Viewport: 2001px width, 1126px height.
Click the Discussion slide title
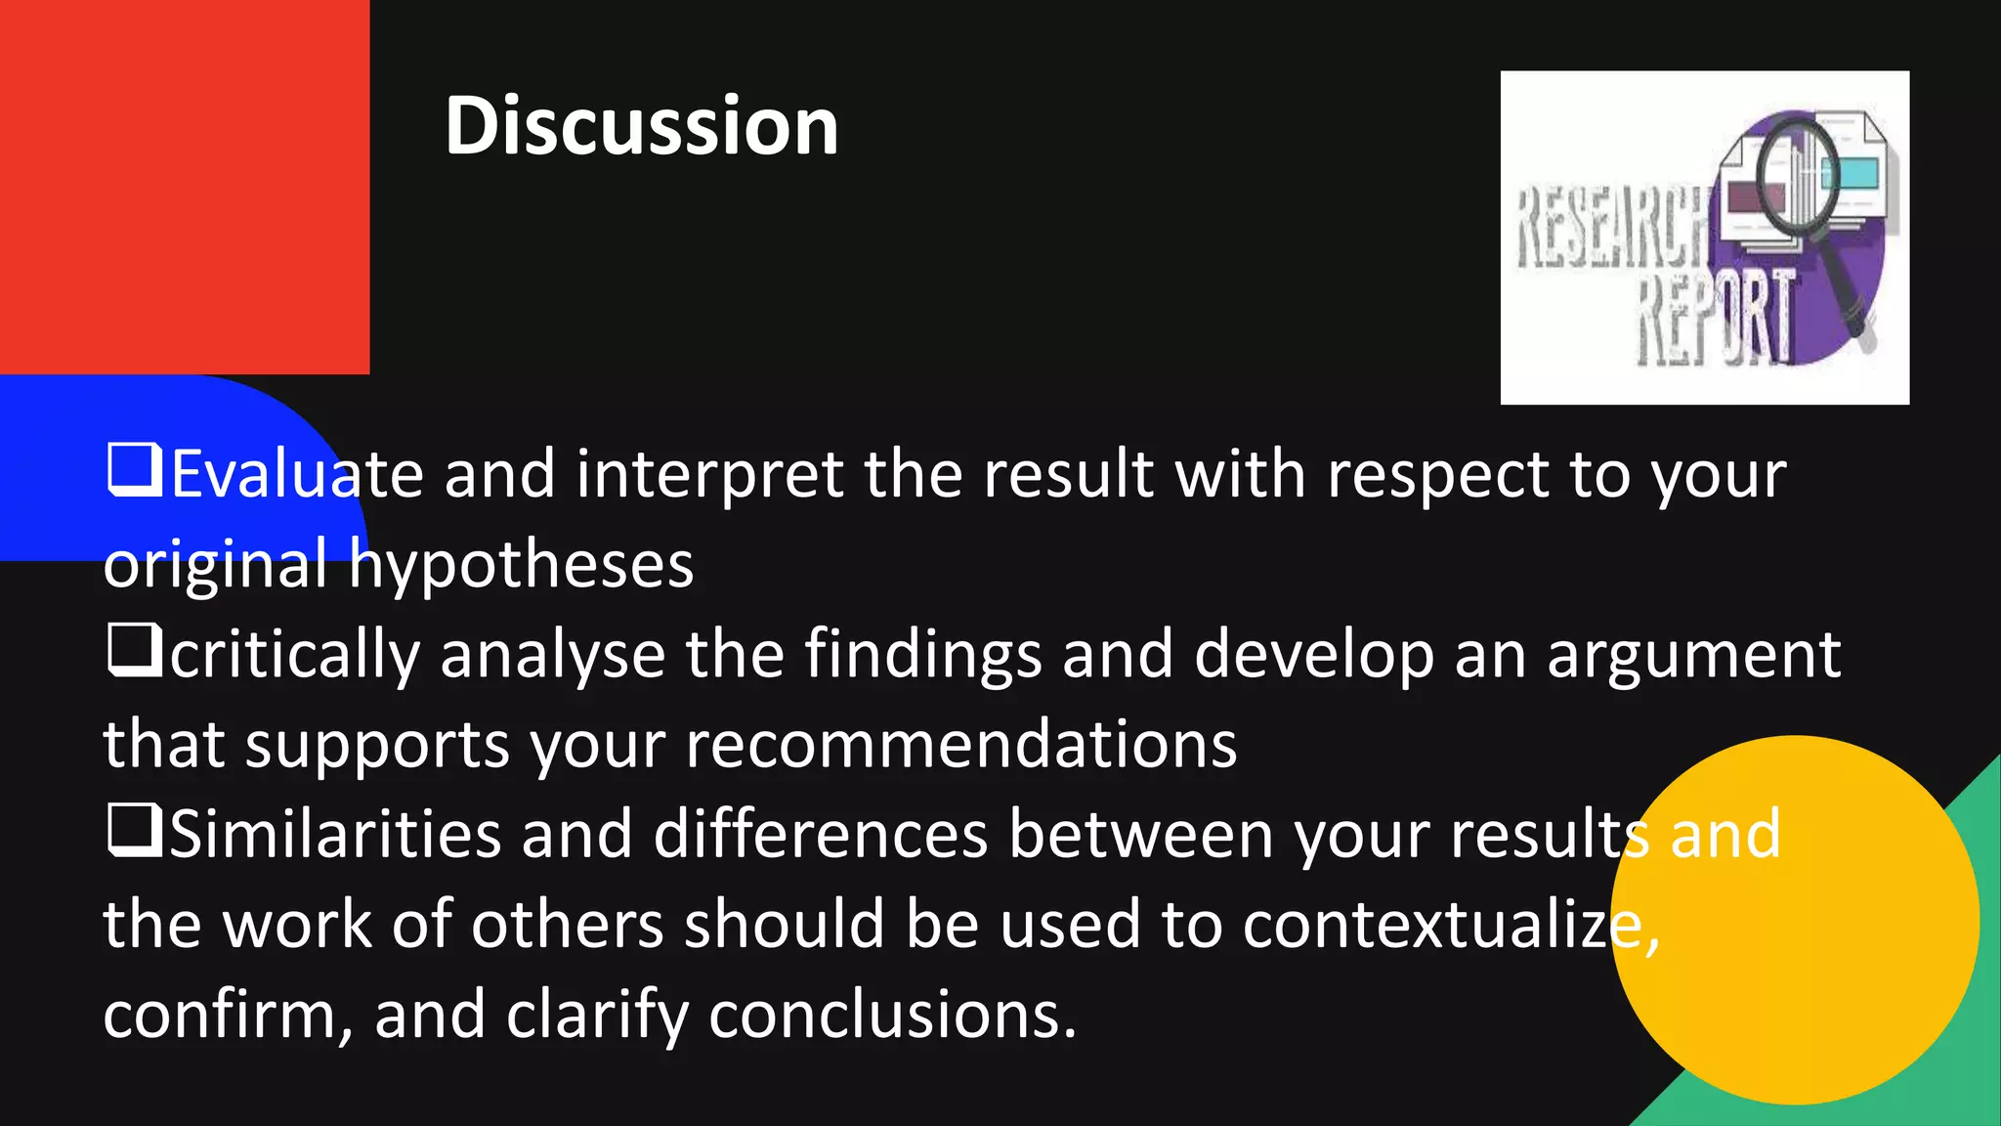[641, 126]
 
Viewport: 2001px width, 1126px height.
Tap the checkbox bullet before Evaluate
[134, 470]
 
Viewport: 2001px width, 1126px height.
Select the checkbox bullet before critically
[134, 650]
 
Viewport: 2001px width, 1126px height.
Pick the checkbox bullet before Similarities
[134, 830]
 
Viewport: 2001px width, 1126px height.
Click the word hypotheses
[522, 566]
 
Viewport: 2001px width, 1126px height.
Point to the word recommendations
[961, 745]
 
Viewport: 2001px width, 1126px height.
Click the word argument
[1694, 655]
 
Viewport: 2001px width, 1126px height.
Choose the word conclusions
[892, 1015]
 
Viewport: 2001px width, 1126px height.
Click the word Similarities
[335, 835]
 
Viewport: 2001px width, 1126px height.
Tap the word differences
[821, 835]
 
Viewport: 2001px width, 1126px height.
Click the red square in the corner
[184, 186]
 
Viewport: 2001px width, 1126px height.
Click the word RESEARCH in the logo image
[1612, 229]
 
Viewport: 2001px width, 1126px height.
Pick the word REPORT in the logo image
[1716, 319]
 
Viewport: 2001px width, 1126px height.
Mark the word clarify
[597, 1015]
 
